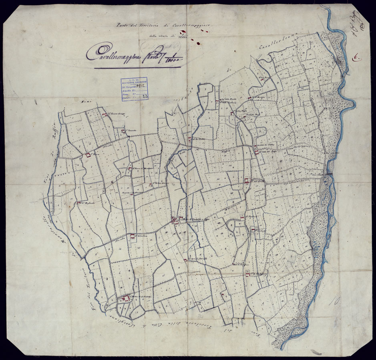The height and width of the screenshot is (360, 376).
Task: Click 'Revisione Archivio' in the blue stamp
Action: click(x=134, y=82)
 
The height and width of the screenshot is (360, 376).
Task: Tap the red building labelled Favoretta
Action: click(x=123, y=130)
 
